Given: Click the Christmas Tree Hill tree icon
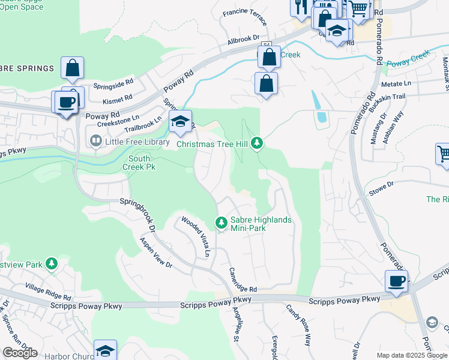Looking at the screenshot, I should [257, 143].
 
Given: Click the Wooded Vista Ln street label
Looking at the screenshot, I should [196, 237].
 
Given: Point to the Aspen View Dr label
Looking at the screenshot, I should [155, 252].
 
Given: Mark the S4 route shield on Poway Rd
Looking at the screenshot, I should [267, 44].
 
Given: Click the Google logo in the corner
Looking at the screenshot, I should [20, 353].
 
